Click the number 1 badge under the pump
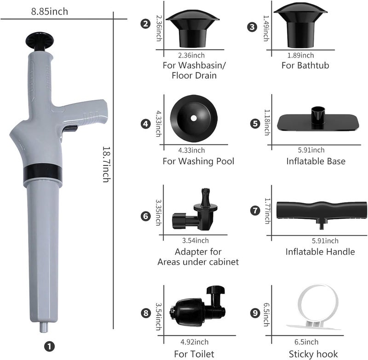(49, 346)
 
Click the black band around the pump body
(43, 172)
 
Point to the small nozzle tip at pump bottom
(44, 327)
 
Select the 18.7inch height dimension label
(106, 165)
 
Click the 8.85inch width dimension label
(50, 11)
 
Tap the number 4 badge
(145, 124)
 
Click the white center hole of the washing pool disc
(194, 118)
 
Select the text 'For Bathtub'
(305, 65)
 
